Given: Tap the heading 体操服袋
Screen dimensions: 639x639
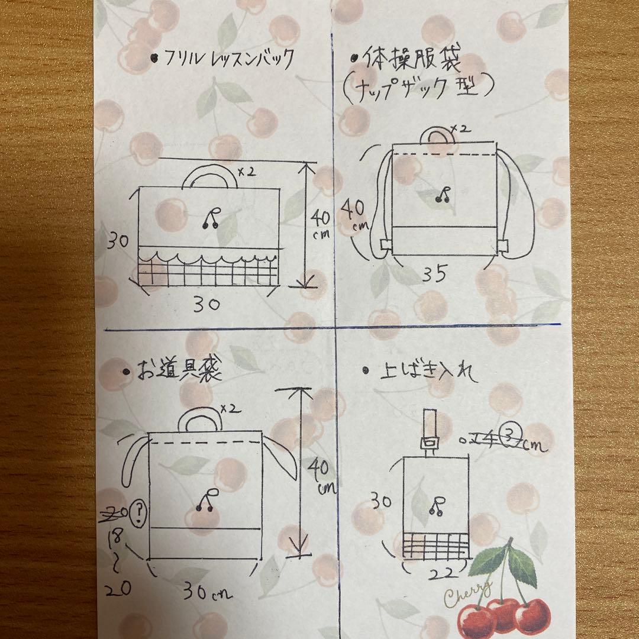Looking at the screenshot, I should pos(414,61).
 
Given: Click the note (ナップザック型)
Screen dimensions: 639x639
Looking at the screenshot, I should pos(418,89).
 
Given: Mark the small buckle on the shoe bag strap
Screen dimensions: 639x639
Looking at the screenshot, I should pos(430,443).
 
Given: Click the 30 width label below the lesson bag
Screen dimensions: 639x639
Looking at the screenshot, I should pos(206,304).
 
